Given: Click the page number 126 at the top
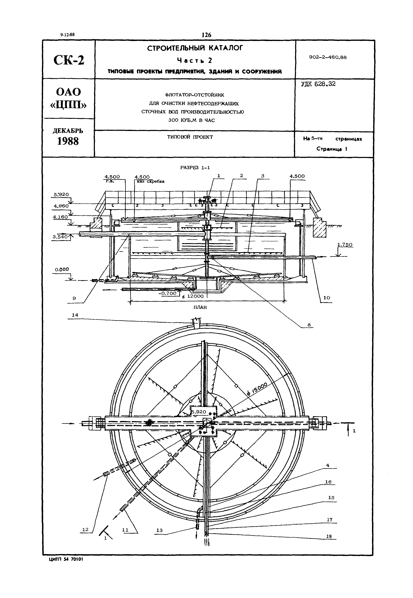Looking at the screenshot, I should click(206, 35).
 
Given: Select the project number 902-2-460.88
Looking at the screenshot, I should click(328, 57).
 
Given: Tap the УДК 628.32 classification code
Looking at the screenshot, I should click(318, 84).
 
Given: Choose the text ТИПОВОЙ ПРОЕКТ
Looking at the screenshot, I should click(190, 137).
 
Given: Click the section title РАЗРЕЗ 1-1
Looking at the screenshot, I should click(195, 168).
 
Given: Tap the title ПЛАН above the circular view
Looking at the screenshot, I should click(200, 307).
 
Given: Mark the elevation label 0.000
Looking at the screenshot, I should click(62, 269).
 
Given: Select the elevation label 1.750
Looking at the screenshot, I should click(345, 245).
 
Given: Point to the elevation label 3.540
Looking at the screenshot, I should click(60, 236).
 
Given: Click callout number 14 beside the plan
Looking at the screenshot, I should click(75, 315).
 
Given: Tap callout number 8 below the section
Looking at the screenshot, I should click(309, 325).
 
